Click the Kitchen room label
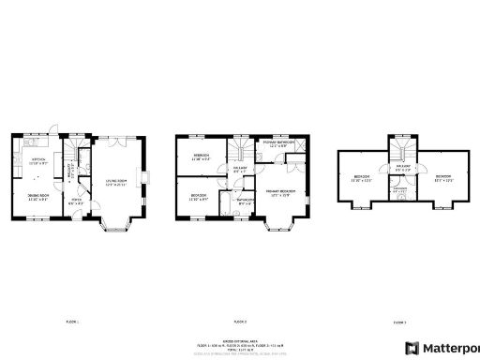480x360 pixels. (x=38, y=160)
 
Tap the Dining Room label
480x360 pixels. (x=38, y=198)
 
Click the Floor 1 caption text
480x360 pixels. (x=72, y=322)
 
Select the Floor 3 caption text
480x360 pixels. (x=399, y=322)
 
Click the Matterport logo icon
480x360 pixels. (x=412, y=347)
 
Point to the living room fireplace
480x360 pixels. (x=143, y=178)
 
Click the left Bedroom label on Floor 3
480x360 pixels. (x=363, y=179)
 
